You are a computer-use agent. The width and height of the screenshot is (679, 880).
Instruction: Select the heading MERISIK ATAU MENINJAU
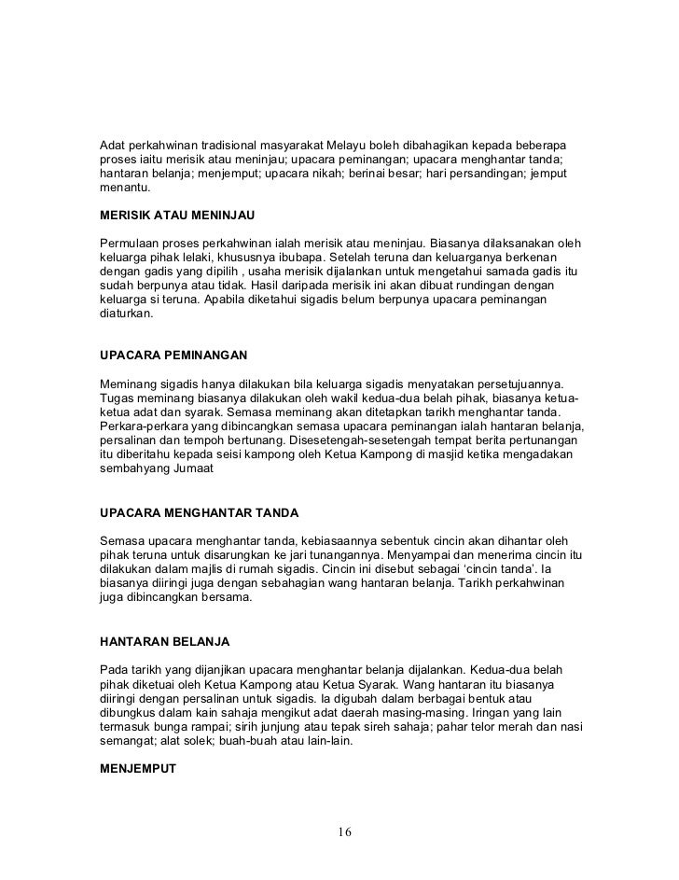(177, 215)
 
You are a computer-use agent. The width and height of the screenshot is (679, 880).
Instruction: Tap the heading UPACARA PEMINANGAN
(173, 356)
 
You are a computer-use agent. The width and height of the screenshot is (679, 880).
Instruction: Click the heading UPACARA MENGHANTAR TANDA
(199, 513)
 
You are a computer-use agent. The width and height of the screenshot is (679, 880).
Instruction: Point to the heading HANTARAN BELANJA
(164, 642)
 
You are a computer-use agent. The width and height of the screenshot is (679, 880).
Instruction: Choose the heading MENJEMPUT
(136, 771)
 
